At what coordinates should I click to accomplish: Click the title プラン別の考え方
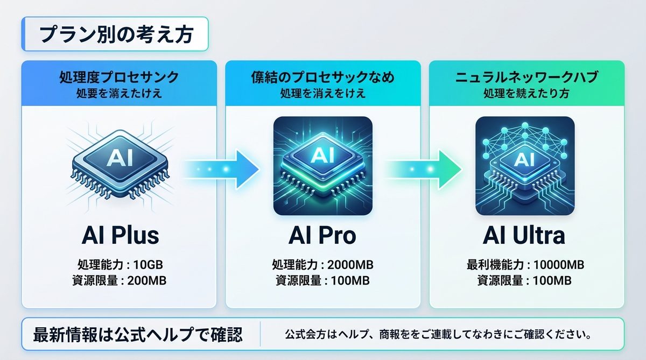(x=116, y=34)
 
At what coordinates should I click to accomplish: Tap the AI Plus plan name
(x=120, y=236)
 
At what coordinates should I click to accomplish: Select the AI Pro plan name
(x=322, y=236)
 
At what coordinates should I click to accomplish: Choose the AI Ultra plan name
(x=524, y=236)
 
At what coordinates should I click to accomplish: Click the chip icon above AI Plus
(x=120, y=165)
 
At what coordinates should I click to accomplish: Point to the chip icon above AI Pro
(x=323, y=166)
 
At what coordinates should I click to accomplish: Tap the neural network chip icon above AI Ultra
(x=525, y=166)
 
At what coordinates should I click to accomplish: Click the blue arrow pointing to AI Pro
(x=221, y=170)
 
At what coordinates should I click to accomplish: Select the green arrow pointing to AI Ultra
(x=423, y=170)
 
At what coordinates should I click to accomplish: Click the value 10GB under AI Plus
(x=148, y=265)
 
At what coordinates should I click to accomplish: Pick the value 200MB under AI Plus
(x=147, y=280)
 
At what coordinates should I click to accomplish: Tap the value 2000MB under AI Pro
(x=350, y=265)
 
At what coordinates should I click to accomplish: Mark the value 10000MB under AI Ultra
(x=559, y=265)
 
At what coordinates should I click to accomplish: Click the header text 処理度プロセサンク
(x=119, y=77)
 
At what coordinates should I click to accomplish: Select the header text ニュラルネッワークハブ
(x=526, y=77)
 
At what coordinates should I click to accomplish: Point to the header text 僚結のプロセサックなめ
(x=322, y=77)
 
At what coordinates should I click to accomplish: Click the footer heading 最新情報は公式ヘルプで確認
(x=138, y=335)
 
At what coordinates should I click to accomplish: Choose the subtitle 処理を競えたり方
(x=526, y=94)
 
